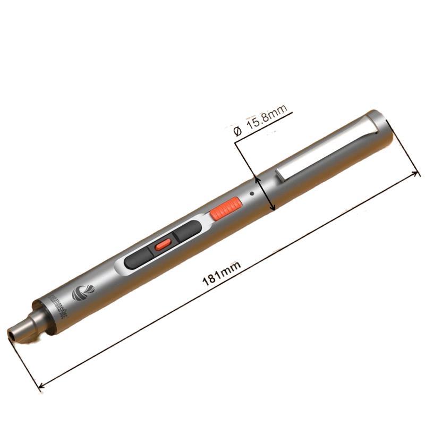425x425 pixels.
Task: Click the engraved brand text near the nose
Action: (59, 307)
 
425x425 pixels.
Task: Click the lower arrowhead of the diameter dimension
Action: (273, 208)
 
